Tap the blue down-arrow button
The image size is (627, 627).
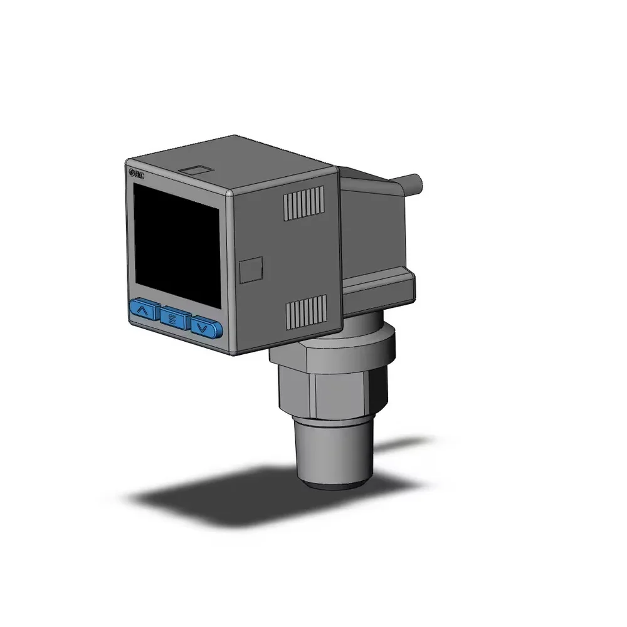(x=205, y=327)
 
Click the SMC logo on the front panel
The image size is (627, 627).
(x=136, y=175)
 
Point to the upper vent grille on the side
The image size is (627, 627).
(x=304, y=203)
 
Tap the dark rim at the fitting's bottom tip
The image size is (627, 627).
(x=335, y=483)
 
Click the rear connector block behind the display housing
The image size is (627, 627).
(x=376, y=232)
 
